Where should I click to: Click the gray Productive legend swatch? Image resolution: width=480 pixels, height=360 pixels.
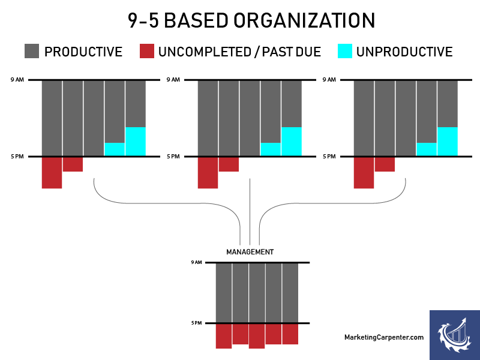pos(32,51)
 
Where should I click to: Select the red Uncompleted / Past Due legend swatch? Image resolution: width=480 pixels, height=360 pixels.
pos(147,51)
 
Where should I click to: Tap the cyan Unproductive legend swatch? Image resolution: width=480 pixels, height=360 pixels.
pos(345,51)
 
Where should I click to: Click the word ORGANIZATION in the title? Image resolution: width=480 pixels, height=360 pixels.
pos(304,21)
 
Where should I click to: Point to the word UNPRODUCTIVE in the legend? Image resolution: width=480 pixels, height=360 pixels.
pos(404,52)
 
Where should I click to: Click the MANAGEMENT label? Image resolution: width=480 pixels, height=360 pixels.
pos(250,252)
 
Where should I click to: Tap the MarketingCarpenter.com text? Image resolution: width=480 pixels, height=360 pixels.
pos(384,337)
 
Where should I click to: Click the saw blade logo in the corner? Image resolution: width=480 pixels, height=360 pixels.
pos(455,335)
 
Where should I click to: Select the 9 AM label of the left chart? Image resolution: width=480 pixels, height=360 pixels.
pos(17,80)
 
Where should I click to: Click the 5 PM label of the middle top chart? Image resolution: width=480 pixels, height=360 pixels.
pos(173,157)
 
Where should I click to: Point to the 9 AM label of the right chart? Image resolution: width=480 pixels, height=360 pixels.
pos(329,80)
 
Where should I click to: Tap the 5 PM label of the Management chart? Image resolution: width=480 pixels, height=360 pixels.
pos(197,323)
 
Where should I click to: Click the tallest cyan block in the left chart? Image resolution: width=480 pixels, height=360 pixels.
pos(136,141)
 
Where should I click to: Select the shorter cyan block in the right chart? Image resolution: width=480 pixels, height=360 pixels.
pos(427,149)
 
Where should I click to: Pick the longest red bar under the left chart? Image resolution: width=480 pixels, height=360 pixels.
pos(52,173)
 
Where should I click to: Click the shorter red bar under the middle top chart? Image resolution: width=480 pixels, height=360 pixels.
pos(229,164)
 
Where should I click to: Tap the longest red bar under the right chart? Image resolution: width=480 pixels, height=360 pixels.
pos(364,173)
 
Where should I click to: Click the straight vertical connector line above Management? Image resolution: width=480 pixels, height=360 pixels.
pos(250,212)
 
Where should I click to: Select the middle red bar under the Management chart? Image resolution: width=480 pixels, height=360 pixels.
pos(257,336)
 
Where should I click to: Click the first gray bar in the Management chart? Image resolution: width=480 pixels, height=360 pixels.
pos(224,293)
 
